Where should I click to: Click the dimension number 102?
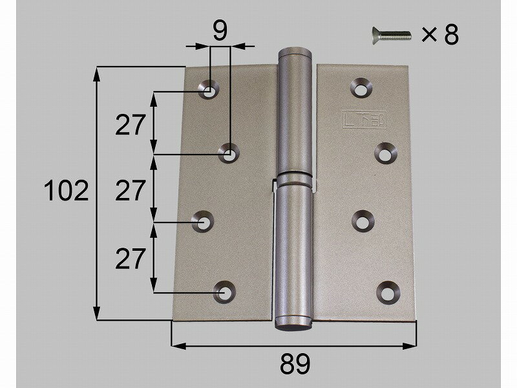click(66, 191)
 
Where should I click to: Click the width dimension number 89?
click(295, 365)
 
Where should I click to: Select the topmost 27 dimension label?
click(131, 124)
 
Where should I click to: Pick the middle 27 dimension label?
click(131, 191)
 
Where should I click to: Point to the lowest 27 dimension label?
click(131, 259)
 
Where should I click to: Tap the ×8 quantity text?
click(439, 35)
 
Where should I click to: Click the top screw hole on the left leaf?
click(209, 91)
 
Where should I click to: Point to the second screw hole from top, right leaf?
click(386, 153)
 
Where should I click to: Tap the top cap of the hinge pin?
click(295, 52)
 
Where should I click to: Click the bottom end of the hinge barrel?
click(295, 323)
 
